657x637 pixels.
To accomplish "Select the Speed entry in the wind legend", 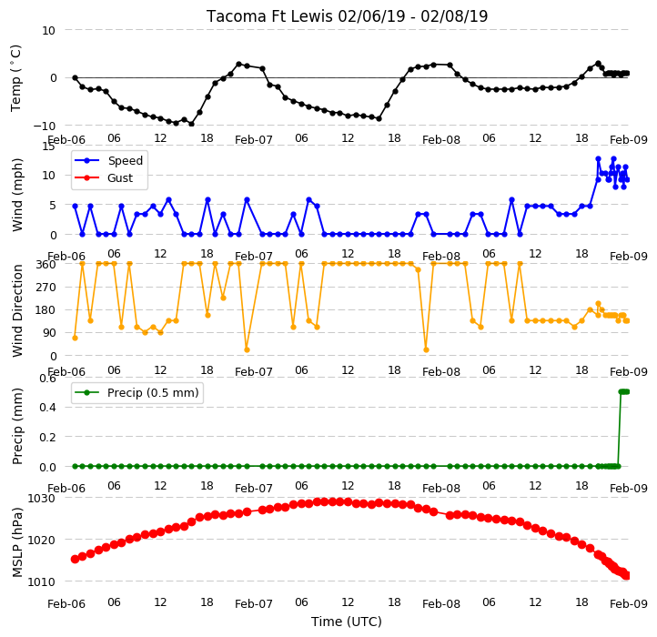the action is pyautogui.click(x=126, y=160).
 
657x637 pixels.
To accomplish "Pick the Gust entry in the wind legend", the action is pyautogui.click(x=120, y=178).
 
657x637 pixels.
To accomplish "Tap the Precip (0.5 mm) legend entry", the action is pyautogui.click(x=153, y=393).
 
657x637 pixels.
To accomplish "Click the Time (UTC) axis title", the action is pyautogui.click(x=347, y=621).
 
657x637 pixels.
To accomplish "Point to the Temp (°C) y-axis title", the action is pyautogui.click(x=15, y=78).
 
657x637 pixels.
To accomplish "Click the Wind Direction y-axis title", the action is pyautogui.click(x=17, y=310).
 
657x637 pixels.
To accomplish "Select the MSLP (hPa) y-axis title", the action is pyautogui.click(x=17, y=542).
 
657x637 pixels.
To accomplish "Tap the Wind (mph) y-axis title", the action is pyautogui.click(x=17, y=195).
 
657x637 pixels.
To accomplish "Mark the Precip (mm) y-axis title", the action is pyautogui.click(x=17, y=426).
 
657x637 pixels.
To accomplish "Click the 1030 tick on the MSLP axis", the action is pyautogui.click(x=42, y=499).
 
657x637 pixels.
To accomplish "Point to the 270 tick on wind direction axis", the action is pyautogui.click(x=46, y=288).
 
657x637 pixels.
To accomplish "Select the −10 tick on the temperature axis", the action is pyautogui.click(x=45, y=126).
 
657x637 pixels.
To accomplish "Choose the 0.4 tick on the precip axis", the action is pyautogui.click(x=47, y=408).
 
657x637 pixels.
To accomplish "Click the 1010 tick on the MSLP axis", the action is pyautogui.click(x=42, y=581).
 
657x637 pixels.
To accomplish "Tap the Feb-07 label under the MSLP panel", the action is pyautogui.click(x=254, y=604).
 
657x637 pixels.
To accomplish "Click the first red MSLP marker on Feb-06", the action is pyautogui.click(x=75, y=559).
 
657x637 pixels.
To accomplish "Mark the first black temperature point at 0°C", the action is pyautogui.click(x=75, y=78).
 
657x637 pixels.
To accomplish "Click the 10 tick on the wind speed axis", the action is pyautogui.click(x=49, y=175).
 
